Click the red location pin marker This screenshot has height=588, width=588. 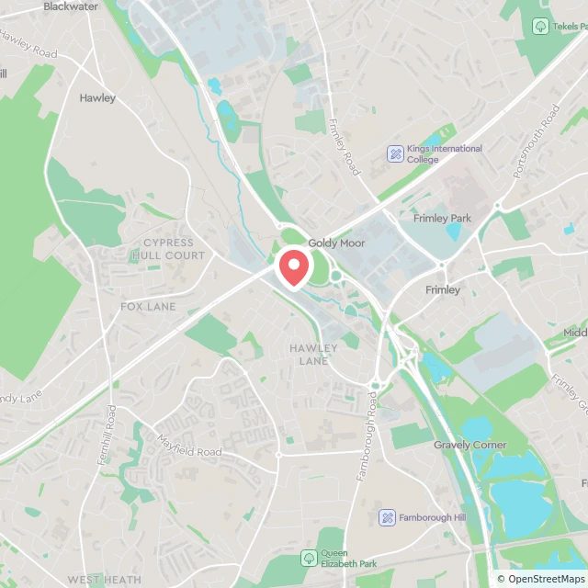tap(293, 267)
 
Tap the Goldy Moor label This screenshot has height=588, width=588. tap(336, 243)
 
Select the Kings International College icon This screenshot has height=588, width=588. tap(394, 153)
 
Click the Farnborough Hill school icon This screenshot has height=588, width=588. tap(388, 518)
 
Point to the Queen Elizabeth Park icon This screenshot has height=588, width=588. tap(310, 558)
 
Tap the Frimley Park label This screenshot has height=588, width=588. tap(443, 219)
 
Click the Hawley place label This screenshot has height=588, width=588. tap(97, 97)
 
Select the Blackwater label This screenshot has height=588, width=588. tap(71, 6)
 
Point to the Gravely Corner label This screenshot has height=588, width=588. tap(469, 445)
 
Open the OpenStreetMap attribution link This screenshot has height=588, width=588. tap(540, 579)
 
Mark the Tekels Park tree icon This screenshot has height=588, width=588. tap(540, 26)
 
